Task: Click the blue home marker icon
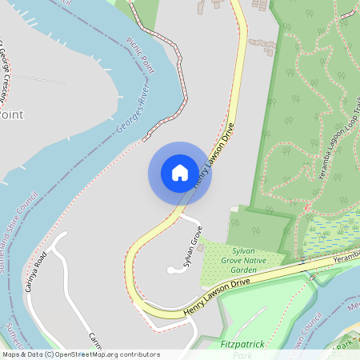coord(180,173)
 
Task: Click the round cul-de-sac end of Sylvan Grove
coord(171,271)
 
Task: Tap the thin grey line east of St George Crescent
coord(38,79)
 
